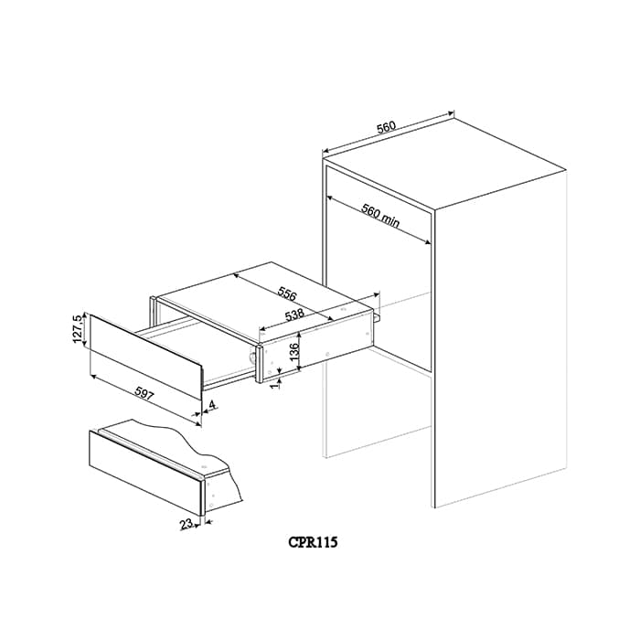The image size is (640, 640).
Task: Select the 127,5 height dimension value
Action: [78, 326]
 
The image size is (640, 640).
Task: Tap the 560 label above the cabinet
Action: [386, 127]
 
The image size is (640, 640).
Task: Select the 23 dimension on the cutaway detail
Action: [187, 524]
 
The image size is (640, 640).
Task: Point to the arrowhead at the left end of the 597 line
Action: [92, 375]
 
